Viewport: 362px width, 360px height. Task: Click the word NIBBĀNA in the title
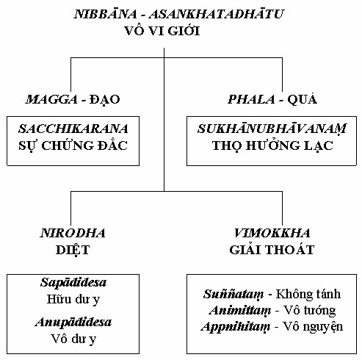click(106, 14)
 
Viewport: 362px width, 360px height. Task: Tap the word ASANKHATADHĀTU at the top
click(217, 14)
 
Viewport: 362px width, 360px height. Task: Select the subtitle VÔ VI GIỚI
click(162, 31)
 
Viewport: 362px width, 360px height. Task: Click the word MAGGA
click(51, 99)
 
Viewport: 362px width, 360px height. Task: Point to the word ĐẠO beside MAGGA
click(104, 100)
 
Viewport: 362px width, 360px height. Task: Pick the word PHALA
click(252, 99)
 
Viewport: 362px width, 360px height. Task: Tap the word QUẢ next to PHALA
click(303, 99)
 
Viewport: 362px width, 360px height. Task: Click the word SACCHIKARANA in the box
click(73, 129)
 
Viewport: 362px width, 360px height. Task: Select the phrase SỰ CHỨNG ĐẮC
click(73, 145)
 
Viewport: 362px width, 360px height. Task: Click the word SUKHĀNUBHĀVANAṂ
click(272, 129)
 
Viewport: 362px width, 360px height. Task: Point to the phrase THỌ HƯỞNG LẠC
click(272, 145)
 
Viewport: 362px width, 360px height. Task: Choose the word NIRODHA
click(73, 233)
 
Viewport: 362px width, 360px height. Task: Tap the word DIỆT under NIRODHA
click(73, 250)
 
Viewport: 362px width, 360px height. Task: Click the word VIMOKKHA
click(272, 233)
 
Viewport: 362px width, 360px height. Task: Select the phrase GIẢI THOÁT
click(272, 250)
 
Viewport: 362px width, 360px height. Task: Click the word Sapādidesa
click(73, 282)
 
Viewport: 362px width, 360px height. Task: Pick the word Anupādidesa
click(73, 322)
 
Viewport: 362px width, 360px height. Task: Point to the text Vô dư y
click(73, 339)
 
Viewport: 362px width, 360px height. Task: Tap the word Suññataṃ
click(234, 295)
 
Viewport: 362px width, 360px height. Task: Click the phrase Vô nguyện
click(313, 327)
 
